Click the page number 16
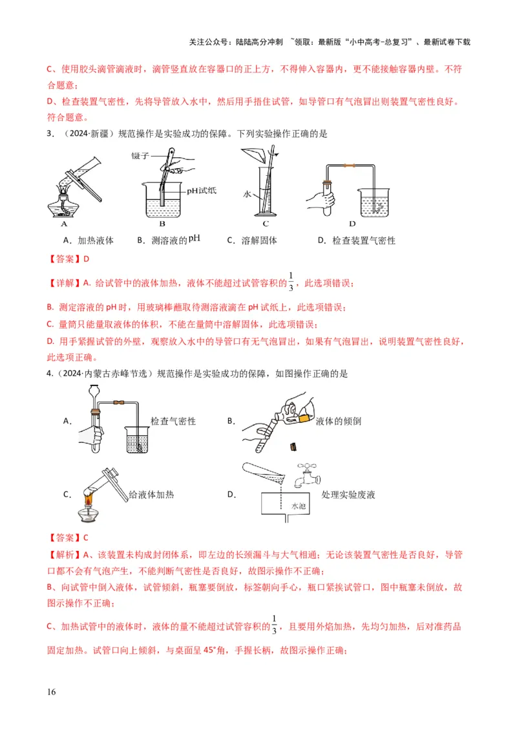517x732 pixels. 52,692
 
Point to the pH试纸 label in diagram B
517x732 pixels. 202,191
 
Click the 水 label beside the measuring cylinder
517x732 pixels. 246,193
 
